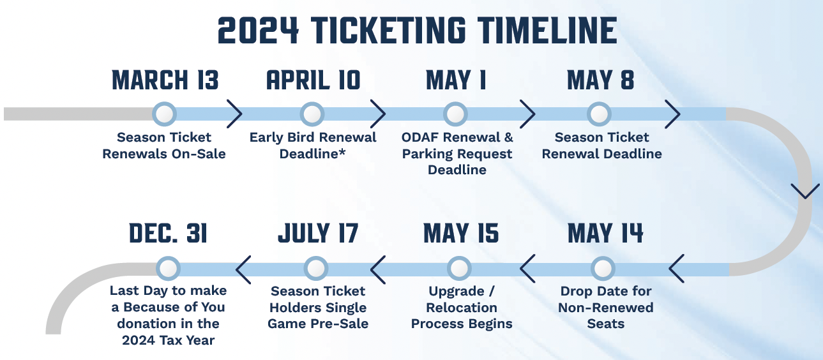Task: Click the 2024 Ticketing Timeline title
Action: point(418,31)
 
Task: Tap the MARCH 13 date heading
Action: point(165,80)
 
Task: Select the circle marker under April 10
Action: point(312,114)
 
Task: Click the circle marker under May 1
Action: point(456,114)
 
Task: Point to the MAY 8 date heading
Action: point(601,80)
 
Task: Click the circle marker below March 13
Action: point(164,114)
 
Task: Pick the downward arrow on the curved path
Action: point(805,191)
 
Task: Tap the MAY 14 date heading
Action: point(605,233)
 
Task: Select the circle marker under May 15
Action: point(459,269)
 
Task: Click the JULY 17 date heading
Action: point(318,233)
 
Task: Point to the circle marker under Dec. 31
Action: point(168,269)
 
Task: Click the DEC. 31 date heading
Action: point(169,233)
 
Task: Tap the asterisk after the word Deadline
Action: point(342,152)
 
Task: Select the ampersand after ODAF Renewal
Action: point(508,137)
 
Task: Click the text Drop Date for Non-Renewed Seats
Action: point(606,307)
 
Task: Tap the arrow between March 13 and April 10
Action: point(234,114)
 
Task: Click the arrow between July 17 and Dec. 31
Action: point(243,269)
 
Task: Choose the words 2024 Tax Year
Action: point(169,340)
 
